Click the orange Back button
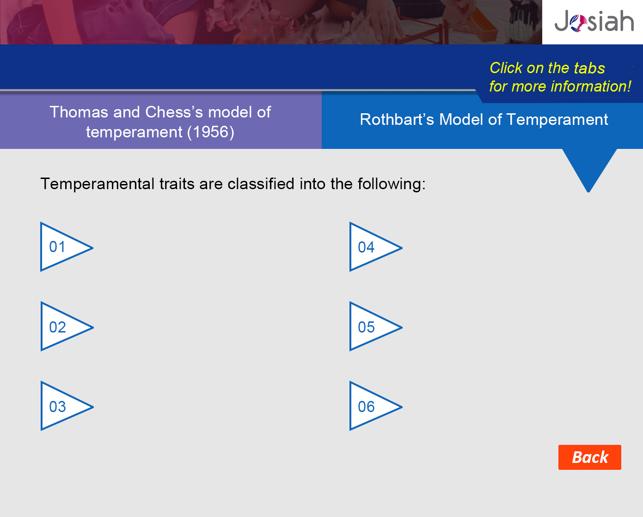click(589, 457)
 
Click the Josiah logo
click(594, 21)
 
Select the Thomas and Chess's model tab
click(161, 122)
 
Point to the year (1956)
click(211, 132)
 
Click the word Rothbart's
click(397, 119)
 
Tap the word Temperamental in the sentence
click(97, 184)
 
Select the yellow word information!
click(591, 86)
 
